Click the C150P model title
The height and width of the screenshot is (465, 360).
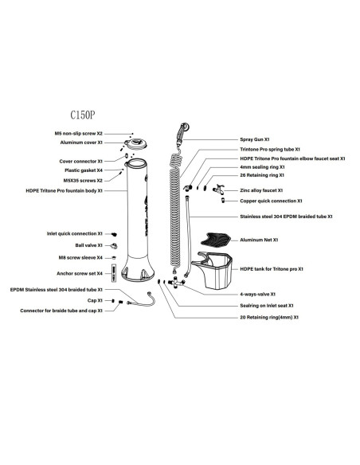pyautogui.click(x=83, y=115)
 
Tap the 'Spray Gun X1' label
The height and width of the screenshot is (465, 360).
pyautogui.click(x=254, y=139)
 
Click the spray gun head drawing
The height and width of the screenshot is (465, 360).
pyautogui.click(x=182, y=134)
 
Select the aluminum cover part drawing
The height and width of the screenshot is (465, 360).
pyautogui.click(x=135, y=144)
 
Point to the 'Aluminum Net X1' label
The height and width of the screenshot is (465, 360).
pyautogui.click(x=259, y=240)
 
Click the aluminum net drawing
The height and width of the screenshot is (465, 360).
pyautogui.click(x=216, y=240)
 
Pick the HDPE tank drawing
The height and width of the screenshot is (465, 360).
pyautogui.click(x=213, y=271)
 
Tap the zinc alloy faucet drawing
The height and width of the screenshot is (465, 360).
pyautogui.click(x=218, y=190)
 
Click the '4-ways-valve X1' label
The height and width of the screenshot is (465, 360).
pyautogui.click(x=258, y=294)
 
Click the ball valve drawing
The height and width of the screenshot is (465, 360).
pyautogui.click(x=114, y=246)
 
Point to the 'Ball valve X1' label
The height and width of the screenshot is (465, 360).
pyautogui.click(x=88, y=245)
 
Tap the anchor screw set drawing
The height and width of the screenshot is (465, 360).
pyautogui.click(x=114, y=273)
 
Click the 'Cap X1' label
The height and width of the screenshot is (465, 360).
pyautogui.click(x=95, y=300)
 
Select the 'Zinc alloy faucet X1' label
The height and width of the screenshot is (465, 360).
pyautogui.click(x=261, y=190)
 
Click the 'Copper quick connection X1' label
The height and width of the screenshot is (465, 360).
pyautogui.click(x=271, y=201)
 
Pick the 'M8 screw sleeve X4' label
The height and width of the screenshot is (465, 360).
pyautogui.click(x=80, y=258)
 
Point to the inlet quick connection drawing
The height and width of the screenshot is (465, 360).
pyautogui.click(x=114, y=234)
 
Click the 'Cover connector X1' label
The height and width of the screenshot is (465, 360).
pyautogui.click(x=80, y=162)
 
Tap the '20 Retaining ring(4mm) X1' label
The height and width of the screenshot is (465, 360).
pyautogui.click(x=269, y=318)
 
